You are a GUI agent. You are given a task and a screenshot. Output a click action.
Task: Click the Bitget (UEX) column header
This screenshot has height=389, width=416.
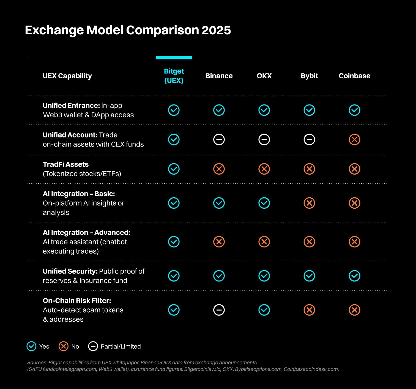[x=174, y=76]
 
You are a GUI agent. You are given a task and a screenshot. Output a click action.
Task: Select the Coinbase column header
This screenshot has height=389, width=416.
[x=354, y=76]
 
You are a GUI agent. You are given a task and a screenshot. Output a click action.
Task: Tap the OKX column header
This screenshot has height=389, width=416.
[x=264, y=76]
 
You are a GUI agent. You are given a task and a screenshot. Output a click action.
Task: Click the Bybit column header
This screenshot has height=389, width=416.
[x=309, y=76]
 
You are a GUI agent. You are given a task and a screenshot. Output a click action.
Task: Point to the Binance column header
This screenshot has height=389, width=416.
[x=219, y=76]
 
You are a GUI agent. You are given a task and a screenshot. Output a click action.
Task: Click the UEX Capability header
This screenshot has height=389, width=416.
[x=67, y=76]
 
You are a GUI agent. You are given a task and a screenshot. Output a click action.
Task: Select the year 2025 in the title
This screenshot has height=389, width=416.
[x=216, y=30]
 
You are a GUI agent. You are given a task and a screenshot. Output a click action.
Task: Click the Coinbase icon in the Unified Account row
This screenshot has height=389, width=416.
[x=354, y=140]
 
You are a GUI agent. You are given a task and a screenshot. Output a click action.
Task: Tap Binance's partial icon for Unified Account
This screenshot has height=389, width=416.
[x=219, y=140]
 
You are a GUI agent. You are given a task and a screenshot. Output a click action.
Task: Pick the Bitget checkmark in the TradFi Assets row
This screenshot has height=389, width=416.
[x=174, y=169]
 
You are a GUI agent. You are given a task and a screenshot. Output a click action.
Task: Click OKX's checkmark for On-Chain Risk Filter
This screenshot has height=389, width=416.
[x=264, y=310]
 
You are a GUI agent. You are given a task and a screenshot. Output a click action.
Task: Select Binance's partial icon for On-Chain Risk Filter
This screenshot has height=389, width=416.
[x=219, y=310]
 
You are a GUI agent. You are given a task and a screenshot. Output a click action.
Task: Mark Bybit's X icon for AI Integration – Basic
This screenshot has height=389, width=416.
[x=309, y=203]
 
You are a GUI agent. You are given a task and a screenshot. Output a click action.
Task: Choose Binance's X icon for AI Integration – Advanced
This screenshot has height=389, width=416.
[x=219, y=242]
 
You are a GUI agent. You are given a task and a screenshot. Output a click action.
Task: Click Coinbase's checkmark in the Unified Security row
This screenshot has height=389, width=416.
[x=354, y=276]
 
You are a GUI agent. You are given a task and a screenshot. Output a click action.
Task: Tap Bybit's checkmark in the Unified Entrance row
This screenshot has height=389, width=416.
[x=309, y=110]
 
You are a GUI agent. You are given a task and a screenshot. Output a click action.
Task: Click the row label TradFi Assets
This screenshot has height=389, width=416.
[x=66, y=164]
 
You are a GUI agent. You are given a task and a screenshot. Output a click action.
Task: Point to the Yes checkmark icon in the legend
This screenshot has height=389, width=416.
[x=31, y=346]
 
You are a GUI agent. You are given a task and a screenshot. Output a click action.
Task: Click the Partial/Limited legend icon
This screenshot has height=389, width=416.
[x=93, y=346]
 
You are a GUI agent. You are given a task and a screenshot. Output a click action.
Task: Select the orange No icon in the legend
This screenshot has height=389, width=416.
[x=63, y=346]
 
